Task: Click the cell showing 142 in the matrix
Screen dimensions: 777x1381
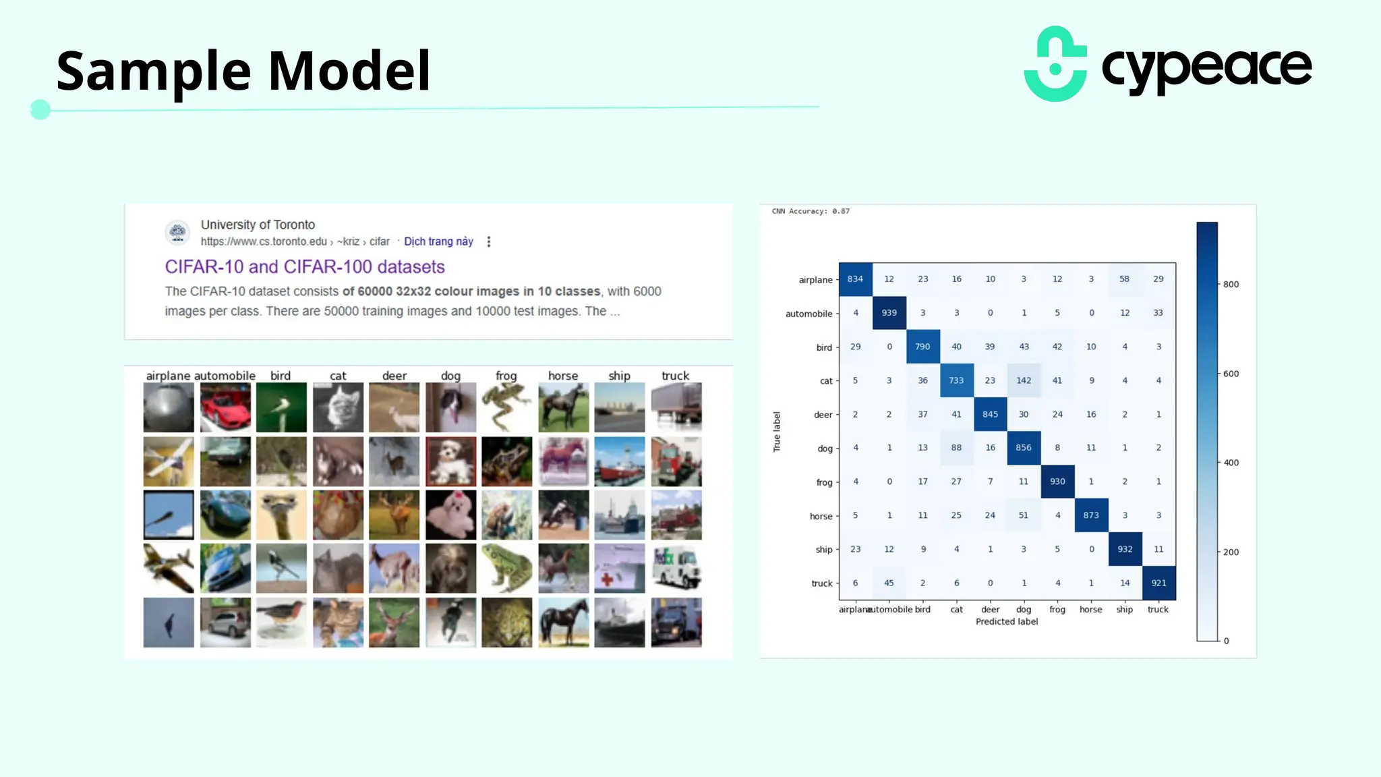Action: [1024, 380]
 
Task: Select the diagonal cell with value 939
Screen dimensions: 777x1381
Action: [889, 313]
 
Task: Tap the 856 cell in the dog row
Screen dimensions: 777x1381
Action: [1024, 448]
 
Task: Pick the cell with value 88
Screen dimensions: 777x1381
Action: [956, 448]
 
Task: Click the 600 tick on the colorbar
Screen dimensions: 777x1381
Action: [1231, 374]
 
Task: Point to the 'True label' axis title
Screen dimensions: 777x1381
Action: [777, 432]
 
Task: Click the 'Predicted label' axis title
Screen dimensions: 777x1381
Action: [1007, 622]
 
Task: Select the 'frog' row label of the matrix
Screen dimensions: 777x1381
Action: [824, 482]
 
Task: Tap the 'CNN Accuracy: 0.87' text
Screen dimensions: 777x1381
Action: [811, 211]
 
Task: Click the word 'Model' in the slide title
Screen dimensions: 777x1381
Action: [349, 71]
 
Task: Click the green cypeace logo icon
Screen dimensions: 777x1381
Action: [1055, 64]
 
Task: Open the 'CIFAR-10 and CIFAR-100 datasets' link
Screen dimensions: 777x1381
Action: [305, 267]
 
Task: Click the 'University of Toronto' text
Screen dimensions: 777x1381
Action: [258, 225]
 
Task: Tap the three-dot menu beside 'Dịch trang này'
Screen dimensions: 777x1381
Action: [489, 241]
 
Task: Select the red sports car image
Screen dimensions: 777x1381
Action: [225, 407]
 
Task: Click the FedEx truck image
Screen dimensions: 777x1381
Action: [676, 569]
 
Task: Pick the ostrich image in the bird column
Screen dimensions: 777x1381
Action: [281, 515]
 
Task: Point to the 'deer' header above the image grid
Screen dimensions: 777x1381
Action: [394, 376]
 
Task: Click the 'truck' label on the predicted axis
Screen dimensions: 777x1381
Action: [1158, 610]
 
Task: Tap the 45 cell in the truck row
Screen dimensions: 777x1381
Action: [889, 583]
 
